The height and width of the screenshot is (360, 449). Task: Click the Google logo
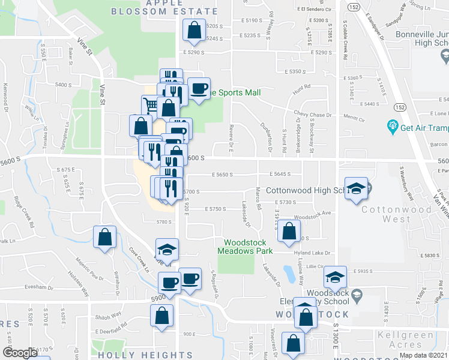[x=20, y=353]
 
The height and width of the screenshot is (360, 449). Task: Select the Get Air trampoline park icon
[x=393, y=127]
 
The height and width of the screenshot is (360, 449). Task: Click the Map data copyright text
[x=423, y=355]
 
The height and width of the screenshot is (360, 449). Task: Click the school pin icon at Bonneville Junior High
[x=445, y=57]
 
